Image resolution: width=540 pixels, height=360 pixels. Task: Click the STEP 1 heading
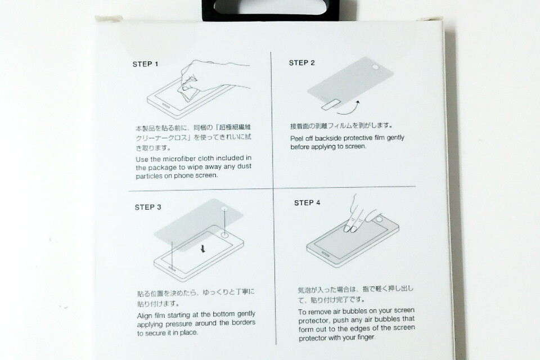[145, 64]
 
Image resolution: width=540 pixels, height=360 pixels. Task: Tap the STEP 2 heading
[301, 62]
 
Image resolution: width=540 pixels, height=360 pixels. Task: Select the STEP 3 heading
[148, 207]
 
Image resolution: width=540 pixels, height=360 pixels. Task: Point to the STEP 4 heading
[307, 202]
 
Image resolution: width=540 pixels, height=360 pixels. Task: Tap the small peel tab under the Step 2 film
[330, 105]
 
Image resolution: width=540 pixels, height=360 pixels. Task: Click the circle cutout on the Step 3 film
[225, 209]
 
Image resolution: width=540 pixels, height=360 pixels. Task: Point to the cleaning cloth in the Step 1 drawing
[188, 91]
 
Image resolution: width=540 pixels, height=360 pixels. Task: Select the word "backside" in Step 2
[328, 138]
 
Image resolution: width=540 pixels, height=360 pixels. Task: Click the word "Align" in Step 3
[145, 316]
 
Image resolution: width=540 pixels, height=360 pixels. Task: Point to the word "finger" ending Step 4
[366, 337]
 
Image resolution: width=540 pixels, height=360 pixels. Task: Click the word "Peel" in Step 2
[296, 139]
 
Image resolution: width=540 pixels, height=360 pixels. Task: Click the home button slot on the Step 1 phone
[165, 106]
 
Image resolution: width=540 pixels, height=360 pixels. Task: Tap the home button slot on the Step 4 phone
[325, 254]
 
